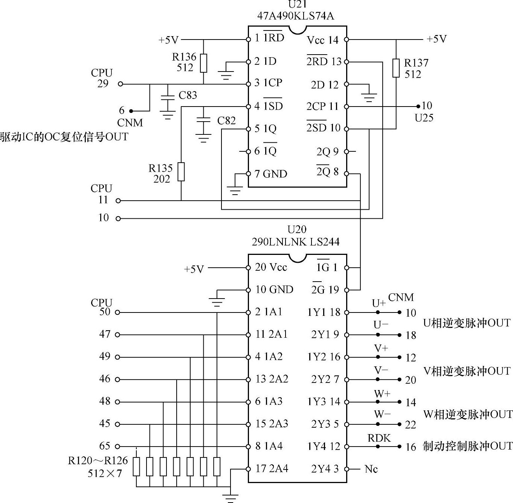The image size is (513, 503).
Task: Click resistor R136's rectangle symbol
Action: (203, 63)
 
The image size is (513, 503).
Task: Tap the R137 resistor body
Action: (396, 68)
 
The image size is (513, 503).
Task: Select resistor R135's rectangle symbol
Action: (181, 172)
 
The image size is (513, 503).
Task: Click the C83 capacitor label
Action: (188, 95)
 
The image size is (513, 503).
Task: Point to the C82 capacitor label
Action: (226, 121)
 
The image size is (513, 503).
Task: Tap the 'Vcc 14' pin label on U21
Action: (322, 40)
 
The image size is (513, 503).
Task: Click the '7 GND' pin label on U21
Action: (271, 174)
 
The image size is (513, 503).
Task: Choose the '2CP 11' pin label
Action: (322, 107)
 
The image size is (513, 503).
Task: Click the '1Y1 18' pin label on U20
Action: (324, 312)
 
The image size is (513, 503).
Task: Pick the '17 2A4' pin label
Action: (272, 469)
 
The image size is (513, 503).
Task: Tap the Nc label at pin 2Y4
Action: (371, 469)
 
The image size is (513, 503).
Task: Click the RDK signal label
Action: (379, 438)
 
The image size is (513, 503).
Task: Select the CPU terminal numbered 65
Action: (118, 446)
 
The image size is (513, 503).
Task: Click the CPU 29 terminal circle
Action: (120, 84)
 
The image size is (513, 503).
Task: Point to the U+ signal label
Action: (379, 303)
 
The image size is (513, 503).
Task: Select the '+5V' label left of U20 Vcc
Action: (194, 269)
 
